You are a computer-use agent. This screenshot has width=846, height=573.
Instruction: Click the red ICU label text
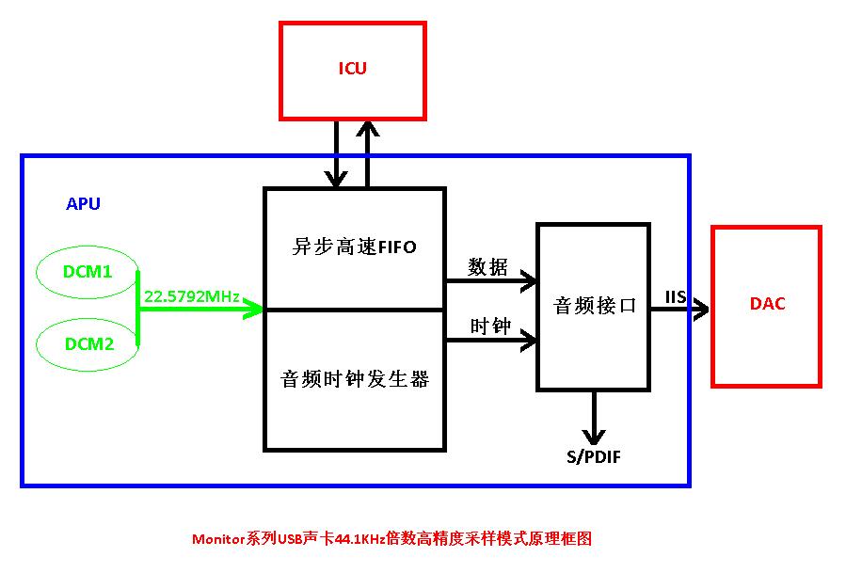click(x=352, y=68)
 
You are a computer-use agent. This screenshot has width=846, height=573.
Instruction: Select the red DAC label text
click(x=767, y=304)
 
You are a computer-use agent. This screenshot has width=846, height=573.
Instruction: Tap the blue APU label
click(x=83, y=204)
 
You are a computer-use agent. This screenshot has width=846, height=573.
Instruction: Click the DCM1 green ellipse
click(x=88, y=272)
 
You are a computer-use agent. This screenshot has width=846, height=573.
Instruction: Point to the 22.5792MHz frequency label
click(x=191, y=295)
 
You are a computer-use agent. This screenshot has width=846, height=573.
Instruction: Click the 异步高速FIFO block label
click(x=354, y=247)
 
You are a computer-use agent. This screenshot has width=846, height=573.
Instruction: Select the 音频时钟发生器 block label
click(x=354, y=379)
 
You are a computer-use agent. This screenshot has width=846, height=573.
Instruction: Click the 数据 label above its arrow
click(x=488, y=267)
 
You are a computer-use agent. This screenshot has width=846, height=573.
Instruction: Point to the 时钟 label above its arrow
click(x=489, y=326)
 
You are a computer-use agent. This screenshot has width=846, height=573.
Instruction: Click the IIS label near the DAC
click(x=675, y=297)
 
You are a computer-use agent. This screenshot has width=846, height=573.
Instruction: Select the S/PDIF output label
click(x=593, y=457)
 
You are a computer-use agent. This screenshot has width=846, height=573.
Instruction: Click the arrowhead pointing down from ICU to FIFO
click(x=334, y=178)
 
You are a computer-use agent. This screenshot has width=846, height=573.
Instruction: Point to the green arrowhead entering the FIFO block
click(x=253, y=309)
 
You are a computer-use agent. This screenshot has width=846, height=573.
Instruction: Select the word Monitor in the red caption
click(x=218, y=539)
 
